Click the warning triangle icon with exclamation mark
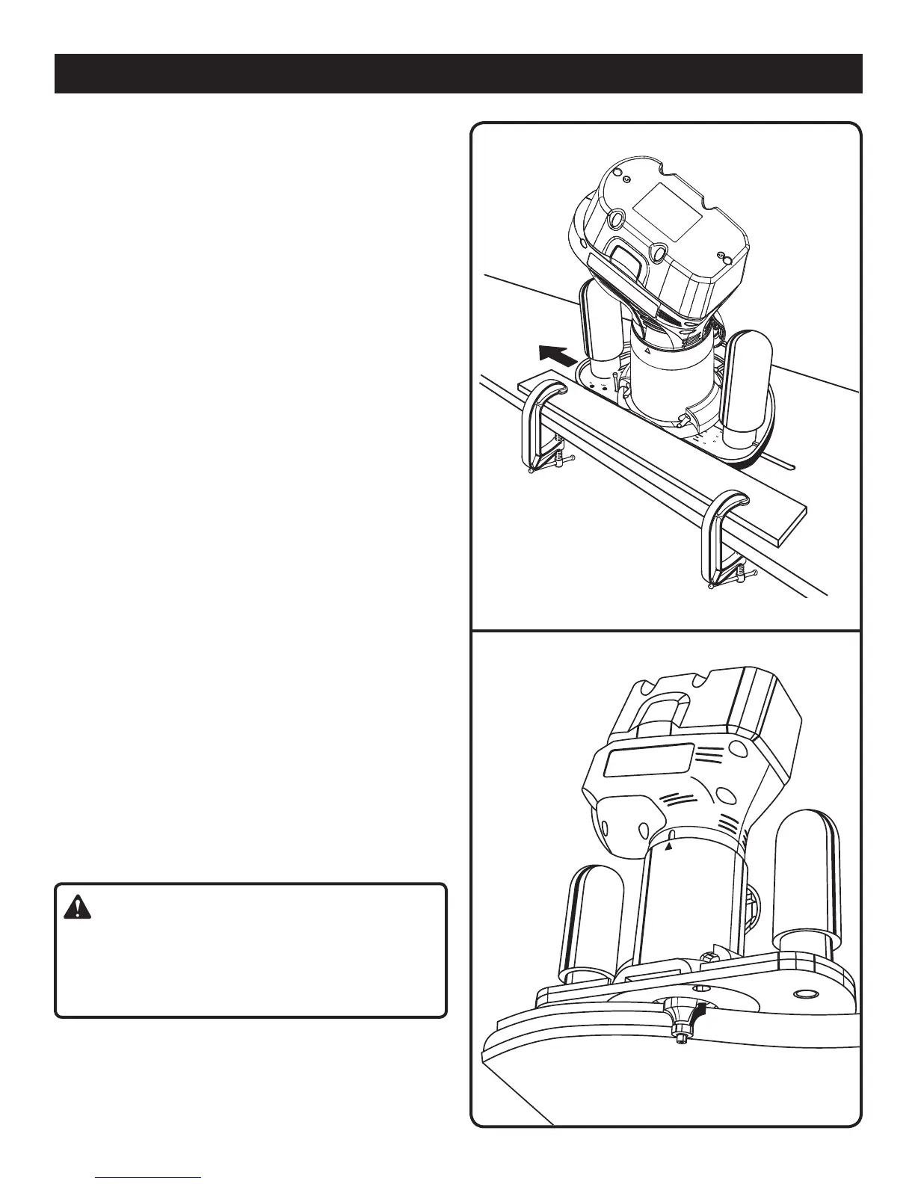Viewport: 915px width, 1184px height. (76, 907)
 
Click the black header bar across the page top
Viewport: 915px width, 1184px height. (458, 73)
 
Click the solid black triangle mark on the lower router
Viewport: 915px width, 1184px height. (670, 847)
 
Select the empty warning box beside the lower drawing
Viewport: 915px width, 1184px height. (250, 951)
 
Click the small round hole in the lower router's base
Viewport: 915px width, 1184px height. (805, 995)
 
